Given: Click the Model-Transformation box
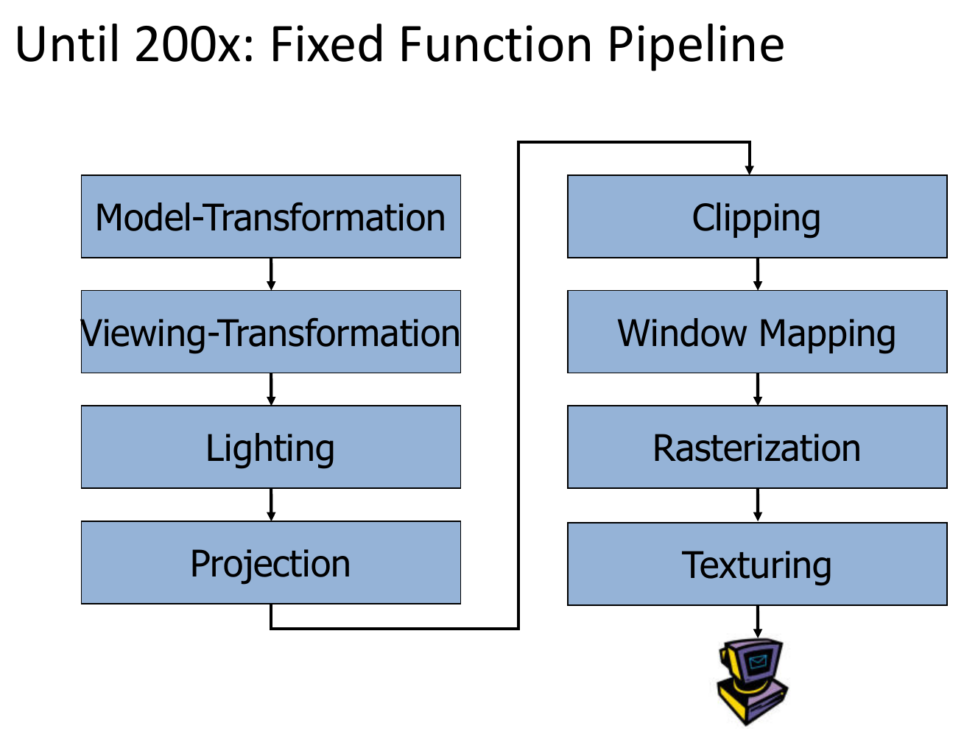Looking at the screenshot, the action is (271, 216).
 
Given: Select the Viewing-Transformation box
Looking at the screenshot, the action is (271, 332).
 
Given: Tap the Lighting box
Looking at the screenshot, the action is (271, 447).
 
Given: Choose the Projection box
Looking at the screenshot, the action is (271, 563).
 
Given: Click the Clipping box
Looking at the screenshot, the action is (758, 216).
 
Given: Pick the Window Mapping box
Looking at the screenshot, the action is (758, 332).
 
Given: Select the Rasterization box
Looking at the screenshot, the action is (758, 447).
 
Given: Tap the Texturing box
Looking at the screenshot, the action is (758, 564).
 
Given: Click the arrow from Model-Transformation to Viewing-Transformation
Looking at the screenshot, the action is (271, 275).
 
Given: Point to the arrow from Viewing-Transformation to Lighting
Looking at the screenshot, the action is (271, 389).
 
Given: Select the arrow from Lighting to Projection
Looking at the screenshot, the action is (271, 504).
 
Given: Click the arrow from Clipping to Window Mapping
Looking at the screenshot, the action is (758, 275).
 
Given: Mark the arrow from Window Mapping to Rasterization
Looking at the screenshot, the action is (758, 389).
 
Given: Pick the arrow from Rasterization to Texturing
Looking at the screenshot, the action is (758, 505).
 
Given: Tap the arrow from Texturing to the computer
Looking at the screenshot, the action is (758, 621).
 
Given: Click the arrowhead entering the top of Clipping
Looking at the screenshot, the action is (750, 170).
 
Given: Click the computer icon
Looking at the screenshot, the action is (752, 681).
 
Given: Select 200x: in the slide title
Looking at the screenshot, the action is (194, 43).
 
